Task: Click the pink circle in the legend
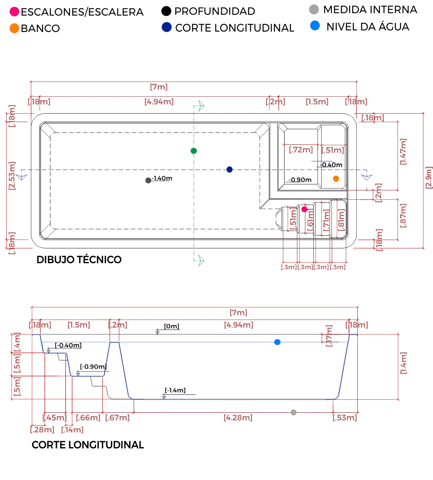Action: (x=14, y=11)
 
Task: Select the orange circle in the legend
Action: (x=14, y=28)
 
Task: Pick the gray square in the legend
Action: (x=314, y=10)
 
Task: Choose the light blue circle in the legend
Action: (x=315, y=27)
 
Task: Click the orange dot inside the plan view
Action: (x=336, y=179)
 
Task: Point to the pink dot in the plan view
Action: (x=304, y=209)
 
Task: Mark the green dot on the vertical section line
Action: (x=194, y=150)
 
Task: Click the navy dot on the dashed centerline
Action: (x=229, y=169)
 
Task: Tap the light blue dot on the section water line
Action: (x=277, y=342)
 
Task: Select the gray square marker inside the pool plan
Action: (x=148, y=181)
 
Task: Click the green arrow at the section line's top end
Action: (x=199, y=105)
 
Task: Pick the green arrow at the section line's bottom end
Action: (x=199, y=260)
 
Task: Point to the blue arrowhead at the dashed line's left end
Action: (x=22, y=175)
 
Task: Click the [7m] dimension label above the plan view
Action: (x=159, y=87)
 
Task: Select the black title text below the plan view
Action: (x=78, y=259)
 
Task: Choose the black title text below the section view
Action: (x=87, y=444)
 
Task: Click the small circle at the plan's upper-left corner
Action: (x=49, y=132)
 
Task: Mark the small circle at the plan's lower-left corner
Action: (x=49, y=230)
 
